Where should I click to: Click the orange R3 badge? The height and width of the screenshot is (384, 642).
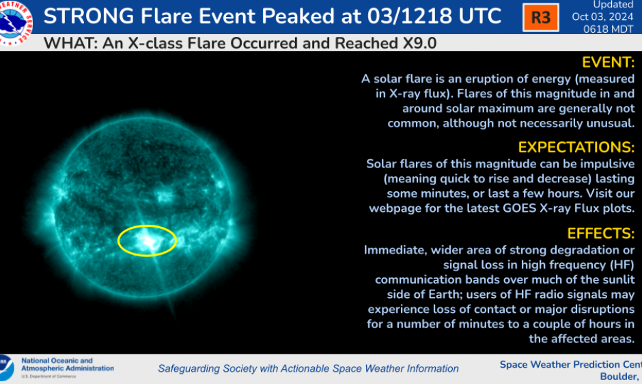coord(540,17)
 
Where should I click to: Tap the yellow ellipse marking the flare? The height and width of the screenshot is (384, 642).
coord(147,240)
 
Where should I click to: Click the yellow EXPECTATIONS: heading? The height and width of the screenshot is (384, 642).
coord(576,148)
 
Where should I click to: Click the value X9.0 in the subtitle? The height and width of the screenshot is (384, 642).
coord(413,44)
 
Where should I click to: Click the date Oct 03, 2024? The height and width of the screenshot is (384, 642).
coord(603,17)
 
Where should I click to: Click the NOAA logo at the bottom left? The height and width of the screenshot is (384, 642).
coord(6,368)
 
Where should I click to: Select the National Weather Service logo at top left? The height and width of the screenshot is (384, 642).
coord(16,23)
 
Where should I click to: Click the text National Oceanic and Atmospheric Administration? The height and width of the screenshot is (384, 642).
coord(68,365)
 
